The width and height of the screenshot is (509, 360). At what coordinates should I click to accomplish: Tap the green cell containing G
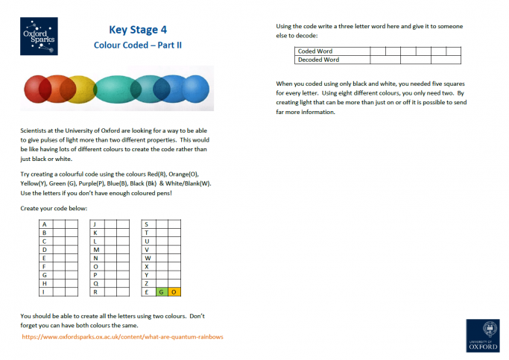(162, 292)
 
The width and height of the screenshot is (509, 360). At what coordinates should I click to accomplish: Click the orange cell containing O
(174, 292)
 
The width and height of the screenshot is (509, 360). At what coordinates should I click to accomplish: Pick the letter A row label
(44, 224)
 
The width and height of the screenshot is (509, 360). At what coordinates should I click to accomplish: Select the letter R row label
(95, 292)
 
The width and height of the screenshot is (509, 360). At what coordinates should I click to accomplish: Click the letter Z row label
(146, 283)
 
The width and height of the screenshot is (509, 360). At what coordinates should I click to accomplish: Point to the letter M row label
(95, 250)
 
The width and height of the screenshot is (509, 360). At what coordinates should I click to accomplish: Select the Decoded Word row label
(318, 60)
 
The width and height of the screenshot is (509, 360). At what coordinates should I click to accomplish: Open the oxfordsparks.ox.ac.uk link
(122, 337)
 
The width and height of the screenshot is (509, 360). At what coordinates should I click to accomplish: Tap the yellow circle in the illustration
(80, 89)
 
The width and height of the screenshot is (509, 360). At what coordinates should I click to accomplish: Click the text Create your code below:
(54, 208)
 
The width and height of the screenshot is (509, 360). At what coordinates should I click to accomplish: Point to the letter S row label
(146, 224)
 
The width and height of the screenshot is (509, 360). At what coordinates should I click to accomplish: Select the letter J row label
(95, 224)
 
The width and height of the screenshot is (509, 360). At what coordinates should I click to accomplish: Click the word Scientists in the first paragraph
(36, 130)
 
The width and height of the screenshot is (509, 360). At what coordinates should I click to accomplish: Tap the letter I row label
(44, 292)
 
